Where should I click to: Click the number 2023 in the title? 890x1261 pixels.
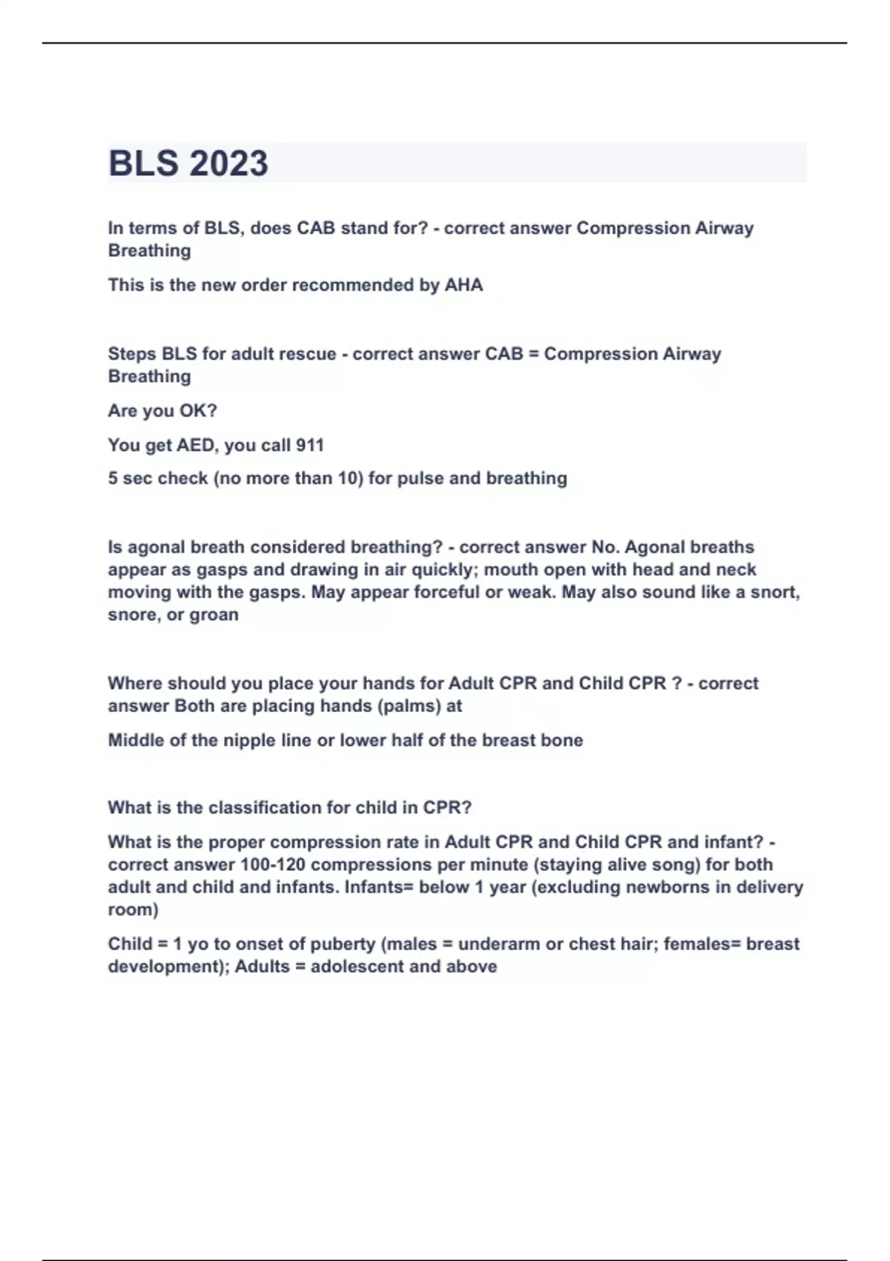tap(228, 163)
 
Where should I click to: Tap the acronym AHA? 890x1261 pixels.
tap(464, 285)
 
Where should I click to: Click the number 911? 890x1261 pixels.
tap(309, 445)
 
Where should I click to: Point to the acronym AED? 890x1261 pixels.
tap(195, 445)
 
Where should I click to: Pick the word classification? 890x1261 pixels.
tap(265, 808)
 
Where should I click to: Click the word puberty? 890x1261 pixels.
tap(342, 944)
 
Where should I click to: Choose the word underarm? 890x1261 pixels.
tap(499, 944)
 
